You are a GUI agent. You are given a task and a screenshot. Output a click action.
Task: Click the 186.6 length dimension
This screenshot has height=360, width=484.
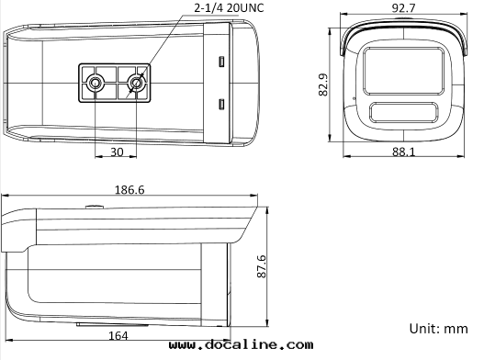(129, 189)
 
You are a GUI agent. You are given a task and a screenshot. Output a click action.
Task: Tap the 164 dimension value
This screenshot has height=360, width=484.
(118, 335)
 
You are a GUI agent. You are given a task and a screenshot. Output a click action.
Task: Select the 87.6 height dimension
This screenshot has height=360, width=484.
(262, 266)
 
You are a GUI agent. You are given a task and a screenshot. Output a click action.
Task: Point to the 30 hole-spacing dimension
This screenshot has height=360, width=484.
(117, 152)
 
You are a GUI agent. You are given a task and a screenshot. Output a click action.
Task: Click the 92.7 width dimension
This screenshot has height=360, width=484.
(403, 8)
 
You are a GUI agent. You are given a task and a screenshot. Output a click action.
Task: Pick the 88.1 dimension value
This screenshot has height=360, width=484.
(404, 152)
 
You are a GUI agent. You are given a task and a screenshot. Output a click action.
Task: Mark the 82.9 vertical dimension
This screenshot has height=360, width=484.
(323, 84)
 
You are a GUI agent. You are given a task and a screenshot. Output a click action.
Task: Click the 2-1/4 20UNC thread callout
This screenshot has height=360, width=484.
(229, 7)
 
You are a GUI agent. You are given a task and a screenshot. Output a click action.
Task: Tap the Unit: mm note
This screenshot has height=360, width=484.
(439, 329)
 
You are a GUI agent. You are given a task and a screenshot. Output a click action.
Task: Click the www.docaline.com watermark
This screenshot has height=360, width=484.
(241, 344)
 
